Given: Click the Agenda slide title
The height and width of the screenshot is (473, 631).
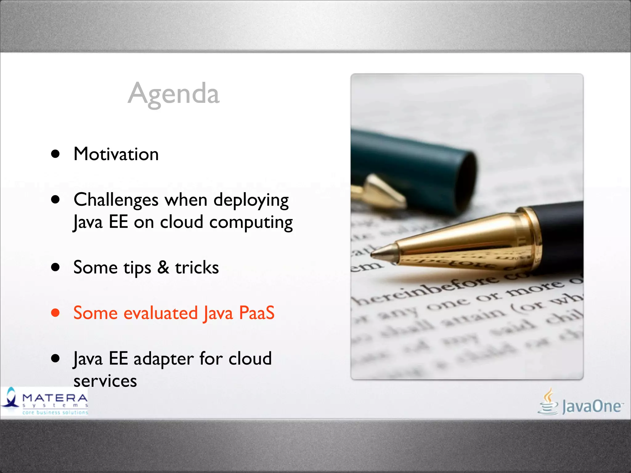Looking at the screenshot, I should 173,94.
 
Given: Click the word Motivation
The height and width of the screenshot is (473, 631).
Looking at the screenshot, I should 116,154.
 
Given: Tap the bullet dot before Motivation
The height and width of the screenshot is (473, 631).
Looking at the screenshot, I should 55,154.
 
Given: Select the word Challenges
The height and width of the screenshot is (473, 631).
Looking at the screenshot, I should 116,200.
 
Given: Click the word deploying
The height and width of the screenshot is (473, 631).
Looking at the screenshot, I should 251,201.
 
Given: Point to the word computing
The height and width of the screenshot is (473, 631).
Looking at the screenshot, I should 251,223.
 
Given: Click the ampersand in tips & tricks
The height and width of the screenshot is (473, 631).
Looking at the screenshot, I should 163,267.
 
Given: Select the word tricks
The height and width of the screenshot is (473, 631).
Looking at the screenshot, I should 197,267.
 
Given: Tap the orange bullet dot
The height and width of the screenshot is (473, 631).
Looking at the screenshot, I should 55,313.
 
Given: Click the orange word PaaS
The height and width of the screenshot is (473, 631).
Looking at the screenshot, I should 257,313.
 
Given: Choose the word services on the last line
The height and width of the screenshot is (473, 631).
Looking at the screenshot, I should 105,381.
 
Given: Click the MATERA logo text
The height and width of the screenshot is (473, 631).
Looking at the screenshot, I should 55,398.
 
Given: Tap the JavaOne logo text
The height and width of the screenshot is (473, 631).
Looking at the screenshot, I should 592,406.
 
